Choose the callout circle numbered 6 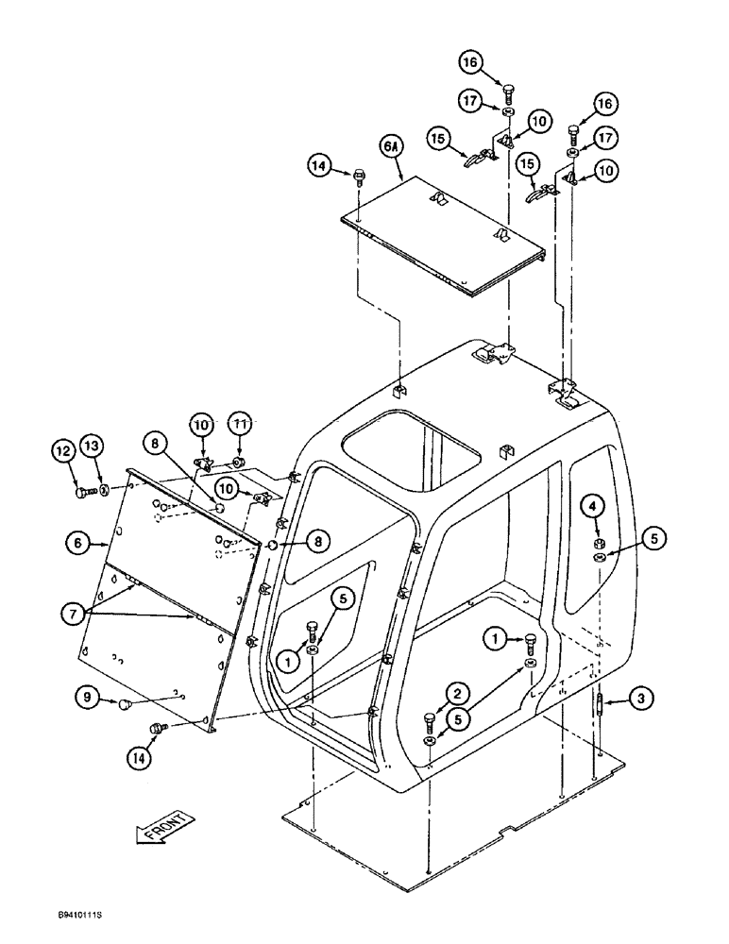coord(76,543)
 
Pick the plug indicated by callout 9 coord(124,703)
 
